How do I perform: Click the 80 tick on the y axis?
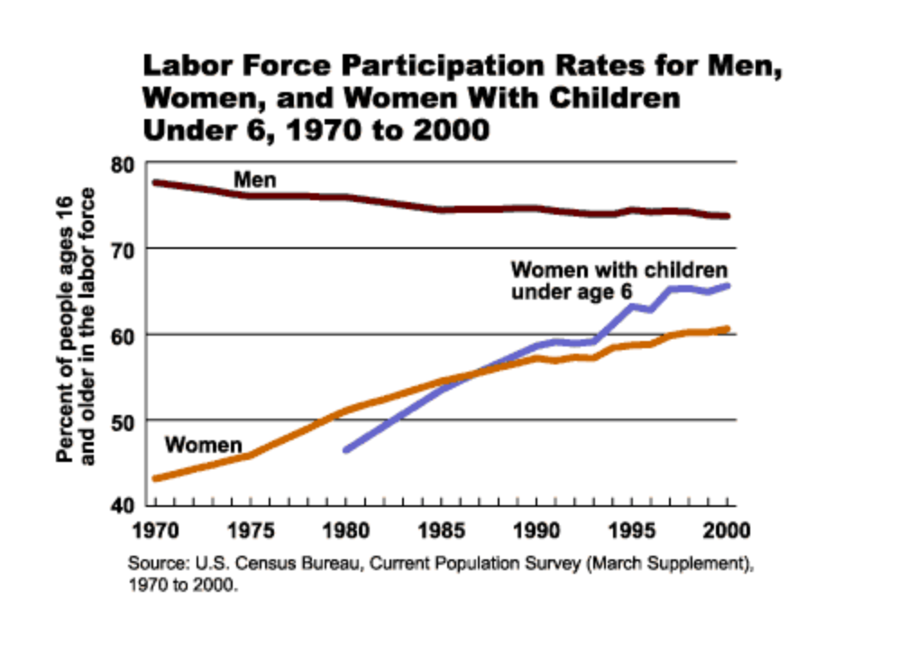coord(123,164)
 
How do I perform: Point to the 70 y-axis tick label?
coord(123,249)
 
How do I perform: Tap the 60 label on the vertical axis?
coord(123,335)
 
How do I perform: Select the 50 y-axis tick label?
coord(123,420)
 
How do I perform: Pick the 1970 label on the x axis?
coord(154,528)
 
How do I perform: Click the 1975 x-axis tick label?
coord(249,528)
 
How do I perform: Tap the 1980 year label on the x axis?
coord(344,528)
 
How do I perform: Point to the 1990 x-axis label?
coord(536,528)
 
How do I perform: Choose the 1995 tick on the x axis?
coord(631,528)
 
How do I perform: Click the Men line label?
coord(254,180)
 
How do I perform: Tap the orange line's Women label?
coord(204,445)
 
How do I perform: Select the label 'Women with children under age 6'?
coord(619,281)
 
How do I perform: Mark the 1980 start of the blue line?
coord(345,449)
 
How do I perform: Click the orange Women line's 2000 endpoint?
coord(727,329)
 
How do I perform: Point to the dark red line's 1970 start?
coord(155,183)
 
